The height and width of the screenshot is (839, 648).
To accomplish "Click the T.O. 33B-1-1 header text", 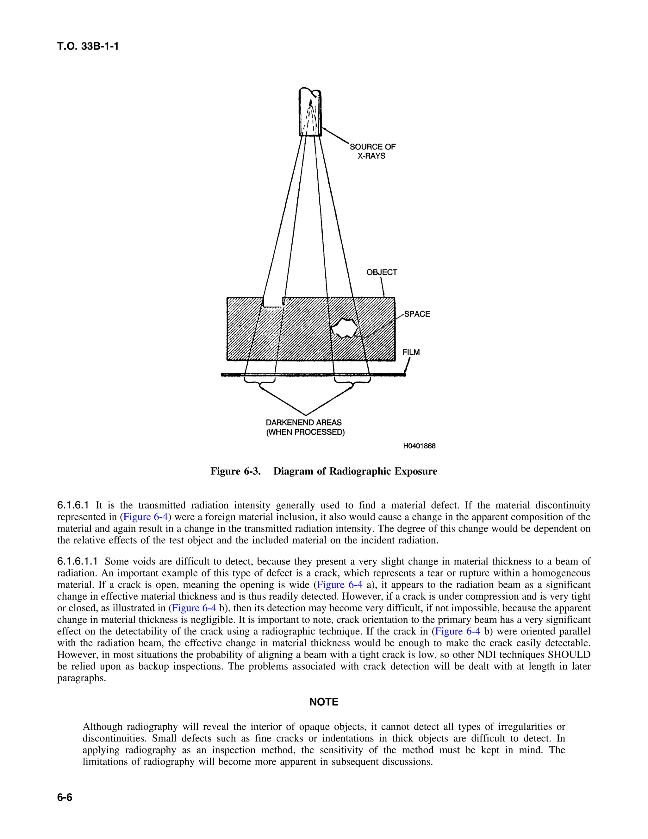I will (x=88, y=47).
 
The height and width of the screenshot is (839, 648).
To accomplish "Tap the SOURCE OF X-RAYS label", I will (x=372, y=151).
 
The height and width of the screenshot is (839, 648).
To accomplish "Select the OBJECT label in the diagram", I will (x=382, y=272).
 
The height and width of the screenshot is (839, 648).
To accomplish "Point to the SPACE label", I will (x=417, y=314).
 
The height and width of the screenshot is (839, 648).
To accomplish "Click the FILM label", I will (x=411, y=352).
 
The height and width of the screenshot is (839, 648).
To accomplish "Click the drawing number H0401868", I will (x=419, y=446).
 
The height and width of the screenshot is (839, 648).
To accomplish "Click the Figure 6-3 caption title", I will (x=324, y=471).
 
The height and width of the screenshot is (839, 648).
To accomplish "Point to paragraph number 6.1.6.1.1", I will (x=78, y=562).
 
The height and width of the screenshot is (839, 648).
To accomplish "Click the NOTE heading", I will (x=324, y=702).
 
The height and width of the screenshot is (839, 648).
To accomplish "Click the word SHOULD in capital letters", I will (x=569, y=655).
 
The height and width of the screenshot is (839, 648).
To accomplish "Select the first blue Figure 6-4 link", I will (x=145, y=517).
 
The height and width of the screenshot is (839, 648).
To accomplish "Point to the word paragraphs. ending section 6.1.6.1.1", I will (x=81, y=678).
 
